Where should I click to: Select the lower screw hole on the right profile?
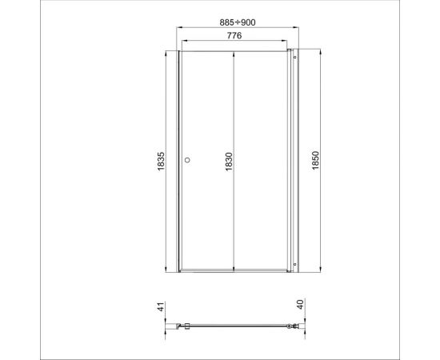point(294,265)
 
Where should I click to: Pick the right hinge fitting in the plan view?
point(293,326)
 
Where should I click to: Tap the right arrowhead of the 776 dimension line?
point(286,42)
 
